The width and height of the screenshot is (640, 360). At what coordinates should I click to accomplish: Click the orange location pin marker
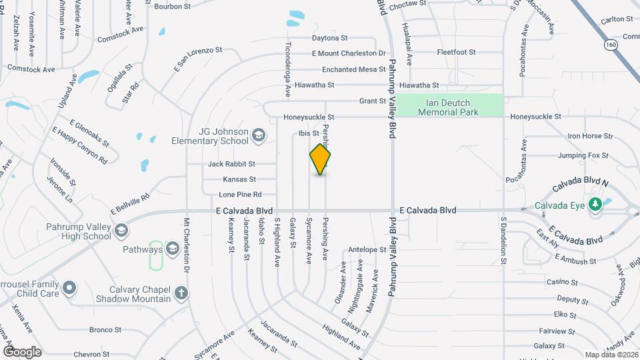click(x=321, y=159)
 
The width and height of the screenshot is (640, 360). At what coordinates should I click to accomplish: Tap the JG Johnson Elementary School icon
click(x=259, y=137)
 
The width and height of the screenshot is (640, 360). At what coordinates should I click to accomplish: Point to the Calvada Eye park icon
click(x=597, y=205)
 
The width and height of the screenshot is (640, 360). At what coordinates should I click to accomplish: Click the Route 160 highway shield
click(x=611, y=45)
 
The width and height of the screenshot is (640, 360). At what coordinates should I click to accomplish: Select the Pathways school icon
click(x=172, y=250)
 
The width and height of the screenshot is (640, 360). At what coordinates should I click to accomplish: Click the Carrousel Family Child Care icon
click(x=70, y=289)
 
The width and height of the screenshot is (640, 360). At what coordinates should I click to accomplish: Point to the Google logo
click(x=22, y=351)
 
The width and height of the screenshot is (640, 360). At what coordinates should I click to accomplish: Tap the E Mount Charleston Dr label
click(x=349, y=53)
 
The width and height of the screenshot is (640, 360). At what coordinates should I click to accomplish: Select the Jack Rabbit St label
click(x=231, y=164)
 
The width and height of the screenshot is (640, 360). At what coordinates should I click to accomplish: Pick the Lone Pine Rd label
click(x=240, y=195)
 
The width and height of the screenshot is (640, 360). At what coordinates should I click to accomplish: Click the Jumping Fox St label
click(x=583, y=155)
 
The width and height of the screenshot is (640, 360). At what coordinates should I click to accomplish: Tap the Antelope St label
click(x=367, y=250)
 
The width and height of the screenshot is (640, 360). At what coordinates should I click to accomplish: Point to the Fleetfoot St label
click(x=456, y=52)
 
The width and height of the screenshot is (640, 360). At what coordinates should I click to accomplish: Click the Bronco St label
click(x=105, y=330)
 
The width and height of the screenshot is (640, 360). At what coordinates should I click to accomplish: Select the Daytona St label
click(x=331, y=38)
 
